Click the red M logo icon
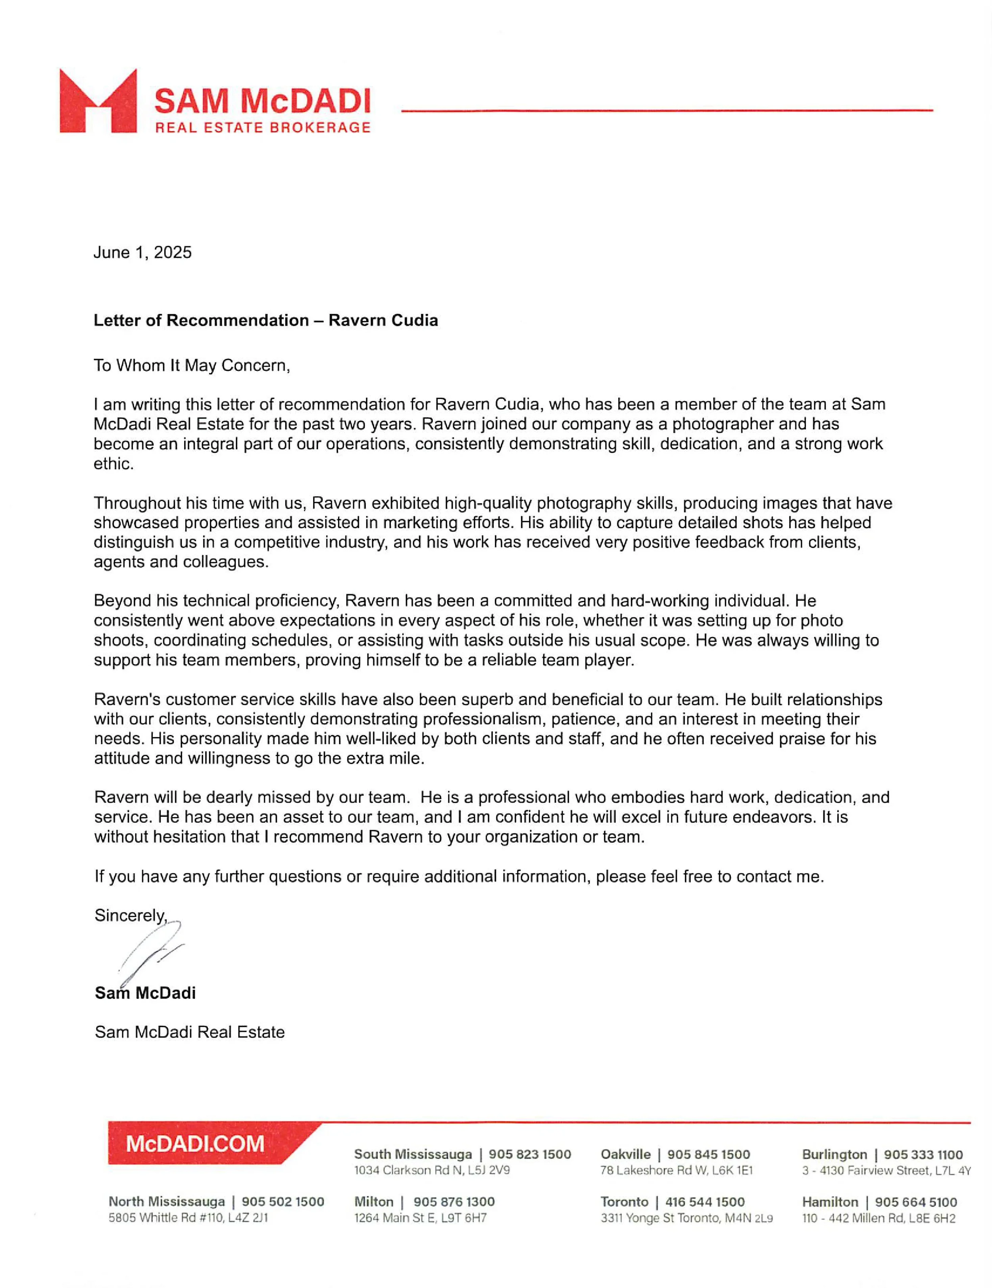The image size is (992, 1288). (98, 101)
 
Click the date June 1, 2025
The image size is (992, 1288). (142, 252)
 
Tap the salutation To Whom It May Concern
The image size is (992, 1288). (192, 366)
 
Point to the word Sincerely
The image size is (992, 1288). (130, 915)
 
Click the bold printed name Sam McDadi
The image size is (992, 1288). (145, 993)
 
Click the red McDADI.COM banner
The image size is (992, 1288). (195, 1144)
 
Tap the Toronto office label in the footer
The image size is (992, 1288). (624, 1202)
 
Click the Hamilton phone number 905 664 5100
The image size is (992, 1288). (916, 1202)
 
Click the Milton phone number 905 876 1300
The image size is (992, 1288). (454, 1202)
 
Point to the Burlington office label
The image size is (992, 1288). (834, 1154)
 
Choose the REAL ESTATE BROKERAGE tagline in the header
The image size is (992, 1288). (262, 127)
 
